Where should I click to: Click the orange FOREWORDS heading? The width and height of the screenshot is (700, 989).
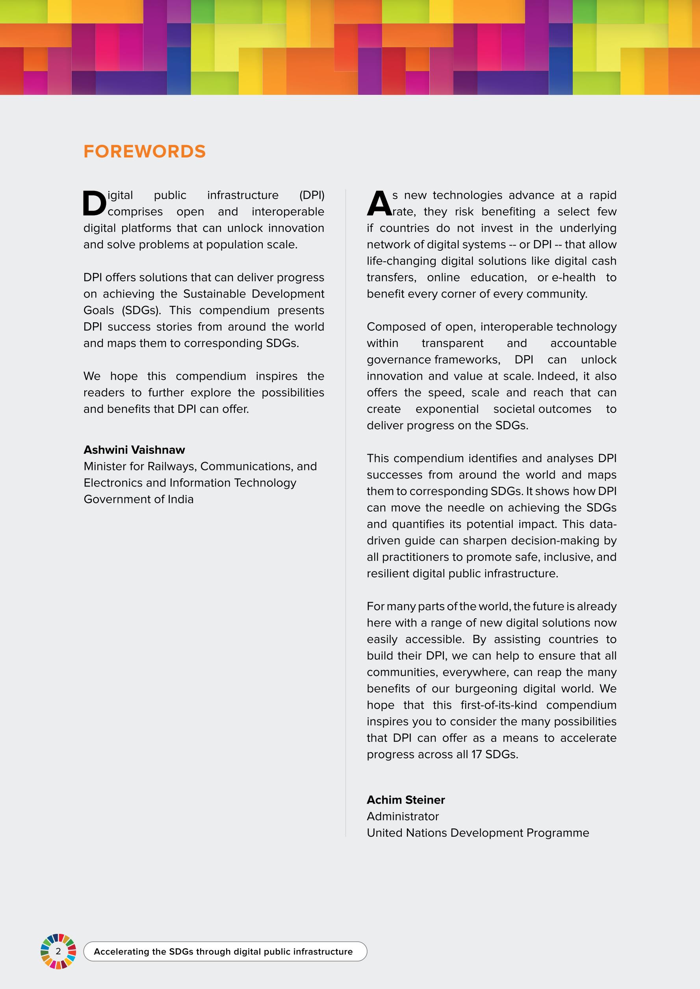click(145, 152)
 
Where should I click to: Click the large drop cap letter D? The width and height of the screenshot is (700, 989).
click(94, 203)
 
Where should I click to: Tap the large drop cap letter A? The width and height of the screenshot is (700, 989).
click(379, 203)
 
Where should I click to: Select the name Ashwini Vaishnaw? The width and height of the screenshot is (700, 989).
click(134, 450)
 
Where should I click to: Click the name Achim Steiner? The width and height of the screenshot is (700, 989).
click(406, 800)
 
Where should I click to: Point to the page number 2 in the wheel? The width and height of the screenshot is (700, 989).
click(58, 952)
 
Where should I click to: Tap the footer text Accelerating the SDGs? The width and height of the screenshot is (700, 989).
click(223, 952)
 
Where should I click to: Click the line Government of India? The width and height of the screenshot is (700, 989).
click(138, 499)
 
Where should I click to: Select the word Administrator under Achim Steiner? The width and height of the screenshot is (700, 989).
click(403, 816)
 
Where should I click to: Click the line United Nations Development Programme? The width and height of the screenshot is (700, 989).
click(477, 833)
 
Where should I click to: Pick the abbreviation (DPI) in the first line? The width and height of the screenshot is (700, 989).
click(312, 195)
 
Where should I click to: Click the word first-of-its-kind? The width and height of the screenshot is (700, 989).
click(499, 705)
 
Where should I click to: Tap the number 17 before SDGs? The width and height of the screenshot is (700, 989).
click(476, 754)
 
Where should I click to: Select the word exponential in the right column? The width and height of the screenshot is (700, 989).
click(447, 409)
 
